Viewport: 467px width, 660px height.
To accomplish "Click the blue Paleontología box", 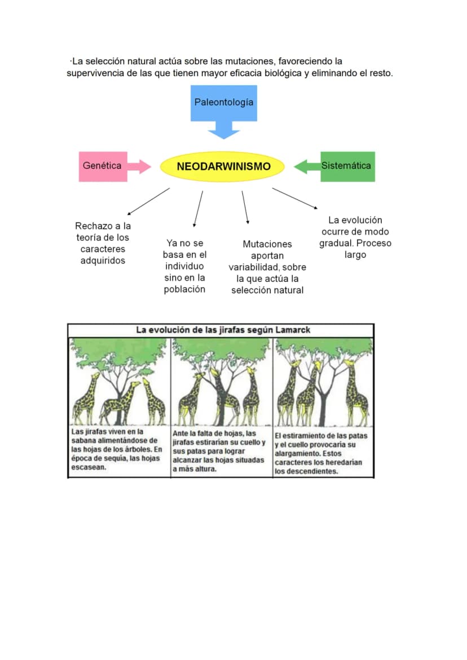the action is tap(223, 103).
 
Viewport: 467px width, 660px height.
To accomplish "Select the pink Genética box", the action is tap(103, 166).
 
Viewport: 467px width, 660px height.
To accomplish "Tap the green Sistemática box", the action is tap(347, 166).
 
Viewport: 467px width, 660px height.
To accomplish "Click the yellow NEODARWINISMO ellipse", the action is tap(222, 166).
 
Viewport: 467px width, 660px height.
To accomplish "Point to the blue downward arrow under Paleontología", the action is tap(223, 130).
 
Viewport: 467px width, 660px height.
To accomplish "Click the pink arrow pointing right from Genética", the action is tap(139, 167).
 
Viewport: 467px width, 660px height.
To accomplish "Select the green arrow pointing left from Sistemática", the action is tap(307, 167).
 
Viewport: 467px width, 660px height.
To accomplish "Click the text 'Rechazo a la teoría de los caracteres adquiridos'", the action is tap(103, 243).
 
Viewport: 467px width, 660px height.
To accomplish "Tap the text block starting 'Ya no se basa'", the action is tap(185, 266).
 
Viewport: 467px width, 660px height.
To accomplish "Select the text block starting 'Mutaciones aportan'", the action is tap(267, 267).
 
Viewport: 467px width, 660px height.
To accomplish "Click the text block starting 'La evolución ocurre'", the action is tap(355, 237).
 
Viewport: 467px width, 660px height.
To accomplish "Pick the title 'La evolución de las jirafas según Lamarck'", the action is tap(223, 330).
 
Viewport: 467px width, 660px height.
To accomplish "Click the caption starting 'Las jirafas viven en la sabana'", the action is tap(116, 450).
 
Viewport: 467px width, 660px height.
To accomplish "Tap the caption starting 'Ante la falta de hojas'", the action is tap(219, 451).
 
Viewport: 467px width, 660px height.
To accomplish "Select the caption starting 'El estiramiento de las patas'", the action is tap(321, 453).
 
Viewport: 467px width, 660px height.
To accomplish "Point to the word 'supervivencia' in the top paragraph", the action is tap(95, 74).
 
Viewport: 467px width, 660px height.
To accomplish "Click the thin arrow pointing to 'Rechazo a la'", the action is tap(148, 202).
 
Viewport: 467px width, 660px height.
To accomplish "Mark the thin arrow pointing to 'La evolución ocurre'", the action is tap(295, 198).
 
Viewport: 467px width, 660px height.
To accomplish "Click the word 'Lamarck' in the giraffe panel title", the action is tap(293, 330).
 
